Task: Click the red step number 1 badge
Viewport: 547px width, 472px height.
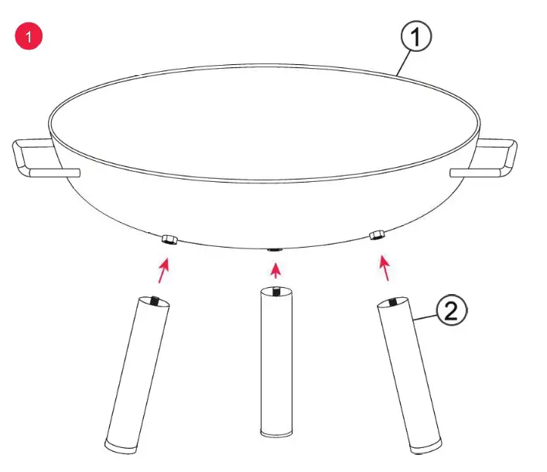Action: tap(29, 36)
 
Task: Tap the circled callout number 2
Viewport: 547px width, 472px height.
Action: tap(452, 312)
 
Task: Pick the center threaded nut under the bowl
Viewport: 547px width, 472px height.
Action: tap(274, 249)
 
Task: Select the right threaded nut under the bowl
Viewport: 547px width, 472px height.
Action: tap(378, 235)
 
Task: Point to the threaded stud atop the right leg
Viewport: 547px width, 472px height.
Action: tap(395, 302)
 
